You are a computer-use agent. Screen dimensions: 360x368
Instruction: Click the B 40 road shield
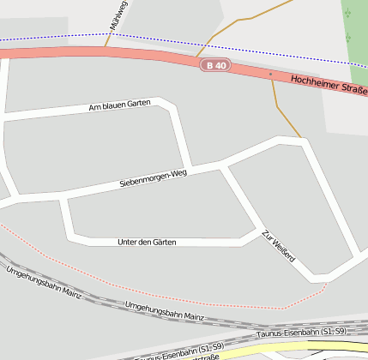(216, 65)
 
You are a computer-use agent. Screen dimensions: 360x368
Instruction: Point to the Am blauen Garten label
(119, 106)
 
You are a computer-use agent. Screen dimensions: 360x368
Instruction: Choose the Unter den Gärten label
(146, 243)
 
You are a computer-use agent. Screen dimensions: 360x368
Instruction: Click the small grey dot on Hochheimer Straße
(270, 75)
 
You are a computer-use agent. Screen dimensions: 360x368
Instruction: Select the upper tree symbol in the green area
(348, 14)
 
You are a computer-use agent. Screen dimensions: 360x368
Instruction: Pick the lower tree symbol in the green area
(348, 39)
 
